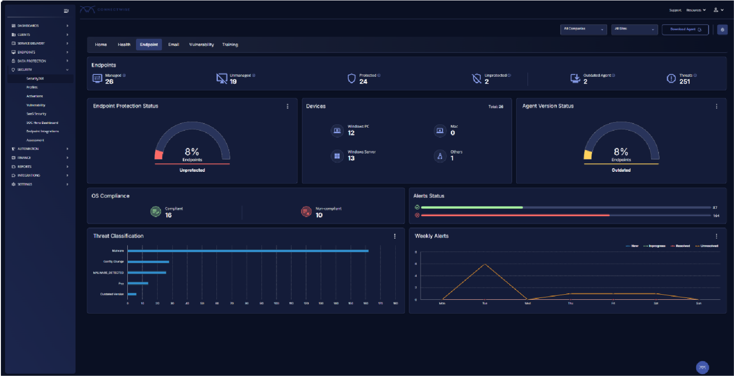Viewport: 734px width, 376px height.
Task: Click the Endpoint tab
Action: coord(149,45)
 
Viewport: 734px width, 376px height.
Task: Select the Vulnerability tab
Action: coord(201,45)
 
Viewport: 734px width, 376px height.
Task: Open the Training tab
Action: coord(230,45)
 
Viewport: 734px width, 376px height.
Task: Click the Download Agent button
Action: coord(685,30)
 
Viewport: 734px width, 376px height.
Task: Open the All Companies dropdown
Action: coord(583,30)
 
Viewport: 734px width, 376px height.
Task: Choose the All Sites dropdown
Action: coord(634,30)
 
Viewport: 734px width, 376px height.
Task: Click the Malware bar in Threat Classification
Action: coord(248,251)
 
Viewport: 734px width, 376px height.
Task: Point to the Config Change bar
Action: coord(148,262)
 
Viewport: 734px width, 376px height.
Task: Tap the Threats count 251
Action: coord(684,82)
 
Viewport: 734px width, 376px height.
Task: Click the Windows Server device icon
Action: coord(337,156)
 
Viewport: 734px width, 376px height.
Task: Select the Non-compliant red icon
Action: coord(306,212)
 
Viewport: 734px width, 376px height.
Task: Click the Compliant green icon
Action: coord(156,212)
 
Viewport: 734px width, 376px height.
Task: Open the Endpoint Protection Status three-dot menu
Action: coord(287,106)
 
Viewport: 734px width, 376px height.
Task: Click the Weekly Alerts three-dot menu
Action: coord(716,236)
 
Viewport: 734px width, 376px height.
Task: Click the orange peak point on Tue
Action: coord(485,264)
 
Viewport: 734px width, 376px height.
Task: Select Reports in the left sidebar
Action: coord(25,167)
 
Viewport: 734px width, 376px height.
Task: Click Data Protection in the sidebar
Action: coord(31,61)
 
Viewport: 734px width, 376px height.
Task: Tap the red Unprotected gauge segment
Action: coord(159,155)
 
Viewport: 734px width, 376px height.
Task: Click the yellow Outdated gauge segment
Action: coord(588,155)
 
